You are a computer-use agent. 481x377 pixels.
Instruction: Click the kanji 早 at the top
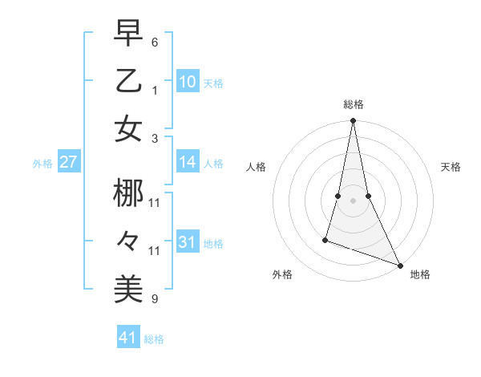[x=128, y=34]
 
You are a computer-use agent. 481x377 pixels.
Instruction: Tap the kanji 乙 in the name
[x=128, y=81]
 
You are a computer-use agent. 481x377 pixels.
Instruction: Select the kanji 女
[x=128, y=129]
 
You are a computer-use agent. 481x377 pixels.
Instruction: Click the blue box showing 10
[x=188, y=82]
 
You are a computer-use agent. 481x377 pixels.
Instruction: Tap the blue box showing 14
[x=188, y=162]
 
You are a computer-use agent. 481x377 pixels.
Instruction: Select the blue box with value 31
[x=188, y=242]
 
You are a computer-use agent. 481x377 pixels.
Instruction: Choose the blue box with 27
[x=69, y=162]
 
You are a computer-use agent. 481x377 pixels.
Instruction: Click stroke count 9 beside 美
[x=155, y=299]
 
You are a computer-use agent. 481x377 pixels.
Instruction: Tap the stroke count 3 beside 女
[x=155, y=139]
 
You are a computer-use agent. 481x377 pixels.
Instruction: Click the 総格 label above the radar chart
[x=354, y=104]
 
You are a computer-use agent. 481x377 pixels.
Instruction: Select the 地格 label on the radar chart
[x=420, y=275]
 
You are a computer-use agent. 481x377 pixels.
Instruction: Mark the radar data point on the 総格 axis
[x=354, y=121]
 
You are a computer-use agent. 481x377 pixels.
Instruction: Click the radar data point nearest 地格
[x=399, y=265]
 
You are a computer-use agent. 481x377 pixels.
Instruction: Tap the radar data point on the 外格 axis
[x=325, y=239]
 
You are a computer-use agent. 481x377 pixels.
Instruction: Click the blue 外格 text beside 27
[x=42, y=164]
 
